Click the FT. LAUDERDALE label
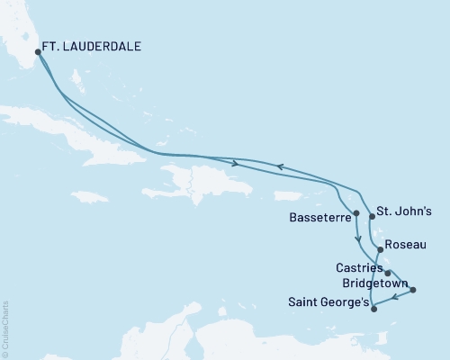(94, 42)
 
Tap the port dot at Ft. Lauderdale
(38, 52)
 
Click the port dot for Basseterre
(357, 213)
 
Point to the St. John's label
(404, 213)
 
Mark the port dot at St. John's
(372, 216)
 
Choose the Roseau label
(400, 244)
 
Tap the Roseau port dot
(380, 250)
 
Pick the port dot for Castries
(387, 273)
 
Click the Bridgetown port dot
(413, 290)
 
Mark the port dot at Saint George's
(373, 309)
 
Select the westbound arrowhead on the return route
(279, 166)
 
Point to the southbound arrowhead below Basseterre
(358, 239)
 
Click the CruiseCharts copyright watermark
(5, 328)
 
